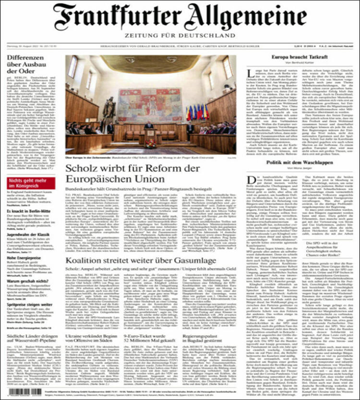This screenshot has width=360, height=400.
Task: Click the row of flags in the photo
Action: click(x=197, y=112)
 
